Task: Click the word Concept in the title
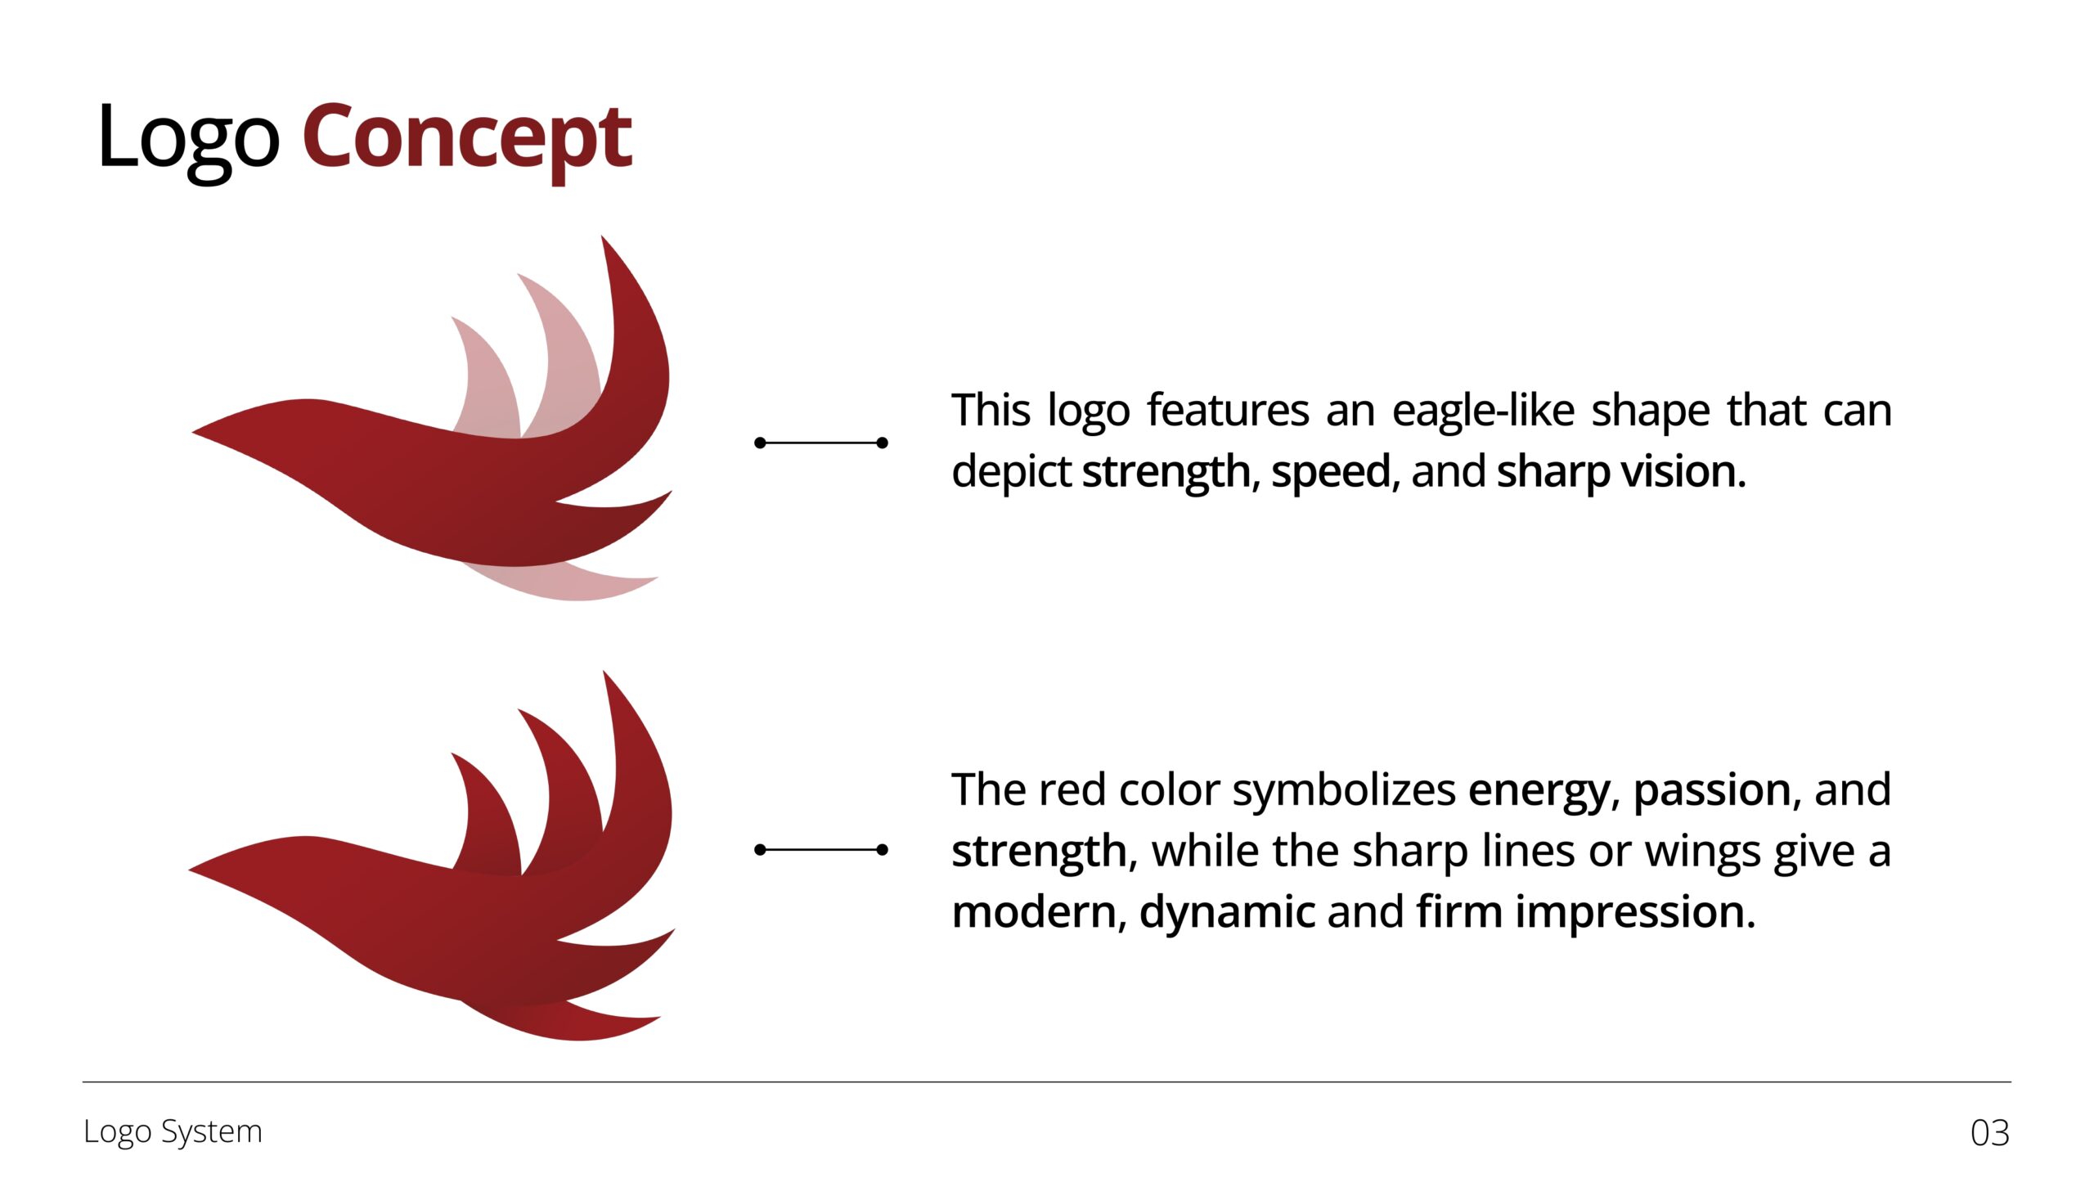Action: click(467, 140)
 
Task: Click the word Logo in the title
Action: click(189, 140)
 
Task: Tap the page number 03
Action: click(1990, 1133)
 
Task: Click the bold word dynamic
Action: click(1227, 911)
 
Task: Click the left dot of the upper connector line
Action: click(760, 443)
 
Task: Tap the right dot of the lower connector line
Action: click(882, 850)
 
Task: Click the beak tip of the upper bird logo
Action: click(193, 431)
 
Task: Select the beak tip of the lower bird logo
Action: click(190, 870)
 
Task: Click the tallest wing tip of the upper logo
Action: click(603, 237)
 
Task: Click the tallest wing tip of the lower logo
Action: click(604, 672)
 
